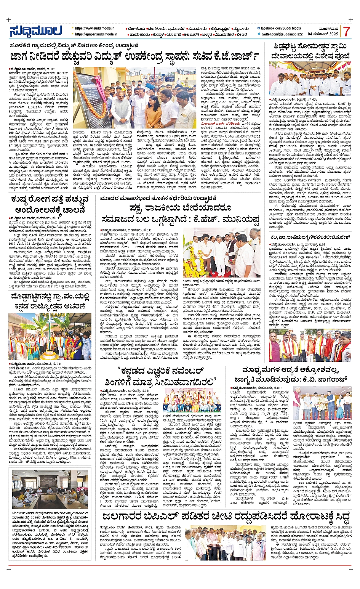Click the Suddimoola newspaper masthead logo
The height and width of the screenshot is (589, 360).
pos(35,31)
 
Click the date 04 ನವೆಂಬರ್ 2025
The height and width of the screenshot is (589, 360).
pos(323,34)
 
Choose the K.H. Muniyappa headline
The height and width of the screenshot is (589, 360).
pos(180,214)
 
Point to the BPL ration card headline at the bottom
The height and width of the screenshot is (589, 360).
pos(225,517)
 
